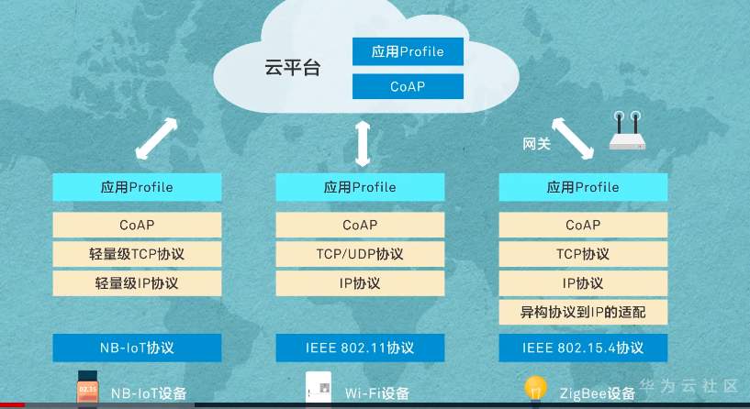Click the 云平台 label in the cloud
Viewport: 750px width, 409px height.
tap(292, 67)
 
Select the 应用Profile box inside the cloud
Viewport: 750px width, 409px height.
tap(408, 51)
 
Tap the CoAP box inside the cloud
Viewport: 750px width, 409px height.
tap(408, 86)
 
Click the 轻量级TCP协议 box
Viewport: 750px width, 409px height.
tap(137, 254)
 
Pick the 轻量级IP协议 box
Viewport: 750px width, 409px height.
tap(137, 283)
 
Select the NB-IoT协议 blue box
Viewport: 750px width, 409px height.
tap(137, 348)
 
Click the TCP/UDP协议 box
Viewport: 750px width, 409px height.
tap(360, 254)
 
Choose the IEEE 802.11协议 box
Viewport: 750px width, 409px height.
tap(360, 348)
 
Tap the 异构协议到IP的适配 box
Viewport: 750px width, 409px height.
tap(583, 312)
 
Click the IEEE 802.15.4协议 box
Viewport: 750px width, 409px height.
tap(583, 348)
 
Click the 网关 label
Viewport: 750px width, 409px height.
tap(537, 143)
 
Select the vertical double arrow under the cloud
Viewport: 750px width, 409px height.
tap(363, 144)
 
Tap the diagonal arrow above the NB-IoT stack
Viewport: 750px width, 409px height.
tap(156, 138)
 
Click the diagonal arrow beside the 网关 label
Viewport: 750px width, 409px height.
tap(573, 138)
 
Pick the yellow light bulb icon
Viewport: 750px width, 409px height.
tap(535, 388)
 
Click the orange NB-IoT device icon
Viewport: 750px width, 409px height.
tap(87, 389)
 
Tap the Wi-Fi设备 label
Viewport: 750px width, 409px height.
tap(377, 393)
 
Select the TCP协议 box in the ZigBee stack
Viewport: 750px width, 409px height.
tap(583, 254)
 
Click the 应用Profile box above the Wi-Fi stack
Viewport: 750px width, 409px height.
tap(360, 187)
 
